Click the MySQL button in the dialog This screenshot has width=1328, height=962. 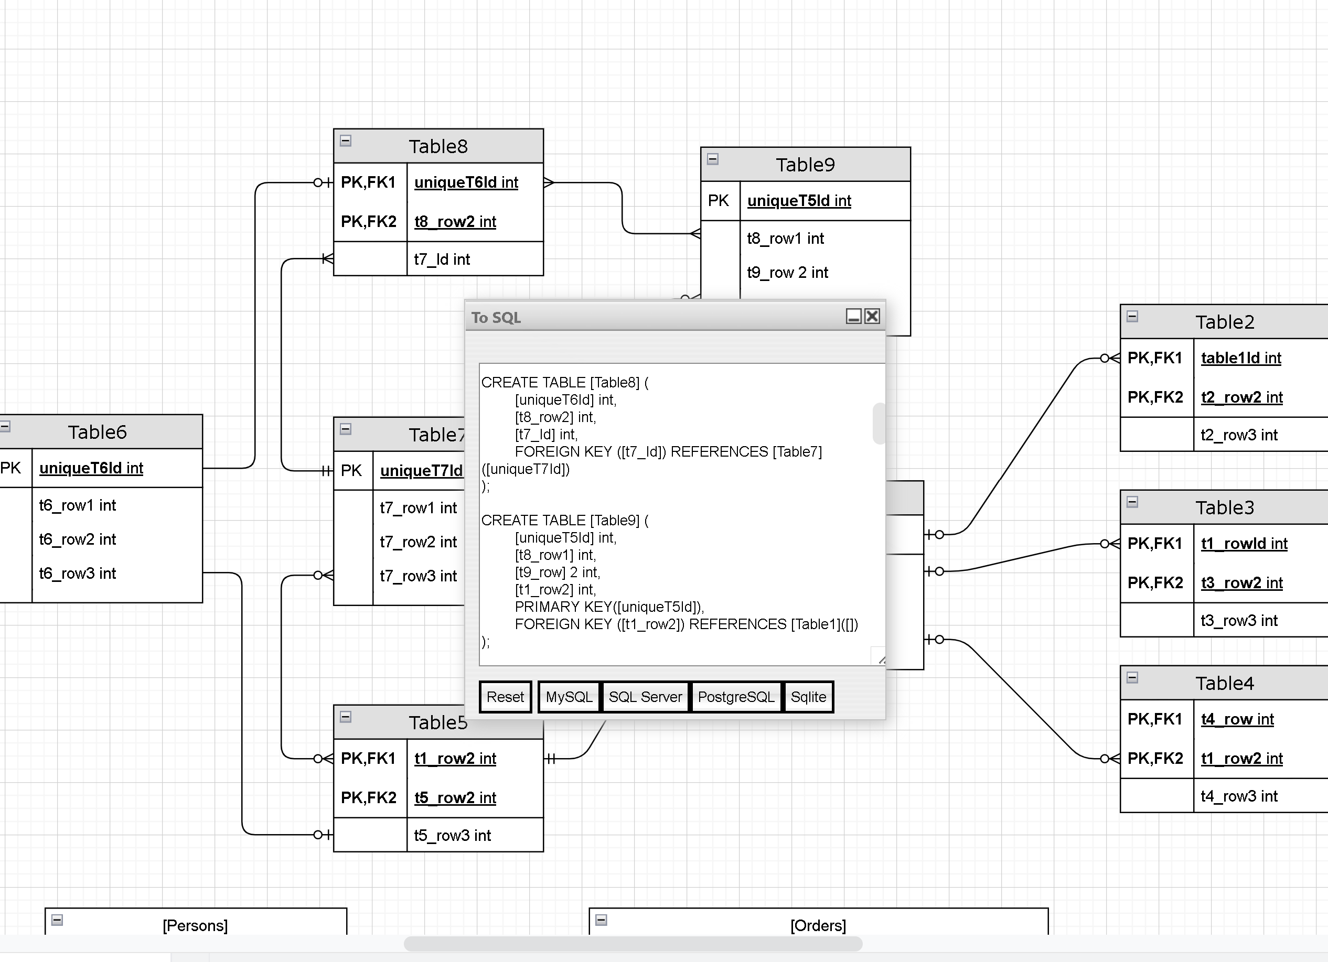(569, 697)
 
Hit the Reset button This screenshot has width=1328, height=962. (505, 697)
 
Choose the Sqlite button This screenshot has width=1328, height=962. (808, 697)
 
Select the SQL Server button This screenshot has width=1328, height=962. (645, 697)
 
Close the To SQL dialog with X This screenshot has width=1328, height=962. (872, 317)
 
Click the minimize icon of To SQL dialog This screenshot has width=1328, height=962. (854, 317)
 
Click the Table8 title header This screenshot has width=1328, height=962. (438, 146)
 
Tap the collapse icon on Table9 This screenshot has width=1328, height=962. (713, 159)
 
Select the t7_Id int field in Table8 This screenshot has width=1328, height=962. (442, 259)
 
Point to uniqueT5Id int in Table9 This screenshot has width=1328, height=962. (799, 201)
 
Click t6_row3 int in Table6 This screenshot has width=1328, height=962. (77, 574)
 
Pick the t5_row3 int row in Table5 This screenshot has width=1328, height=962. (452, 836)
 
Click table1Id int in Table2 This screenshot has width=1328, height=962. (1241, 358)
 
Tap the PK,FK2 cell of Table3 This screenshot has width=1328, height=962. (1155, 583)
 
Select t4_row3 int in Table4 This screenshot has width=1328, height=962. (1238, 796)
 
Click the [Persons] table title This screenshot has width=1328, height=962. (195, 926)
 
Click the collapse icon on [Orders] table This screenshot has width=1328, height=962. (601, 920)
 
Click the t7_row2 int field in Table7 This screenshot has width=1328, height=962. (418, 542)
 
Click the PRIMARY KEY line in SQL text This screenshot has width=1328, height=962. (609, 607)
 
